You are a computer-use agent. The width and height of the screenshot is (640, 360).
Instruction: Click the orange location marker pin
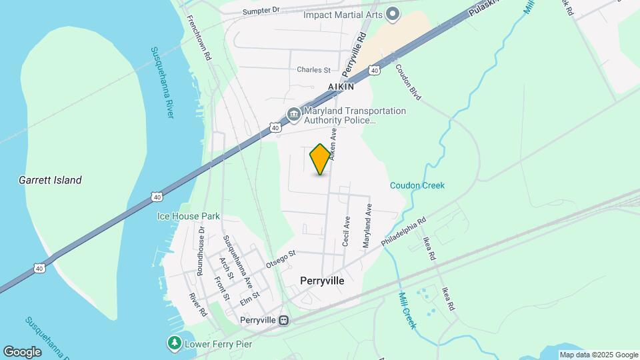321,159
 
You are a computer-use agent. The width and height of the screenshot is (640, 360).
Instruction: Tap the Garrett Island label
50,180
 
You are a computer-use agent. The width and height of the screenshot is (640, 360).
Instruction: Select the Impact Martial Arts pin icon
393,14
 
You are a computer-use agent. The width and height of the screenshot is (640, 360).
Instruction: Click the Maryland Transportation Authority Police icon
293,115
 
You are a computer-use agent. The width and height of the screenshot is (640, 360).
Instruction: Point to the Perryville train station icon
285,321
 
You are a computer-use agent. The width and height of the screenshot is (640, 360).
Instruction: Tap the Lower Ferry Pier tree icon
174,343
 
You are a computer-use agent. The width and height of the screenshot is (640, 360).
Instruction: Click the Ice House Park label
188,216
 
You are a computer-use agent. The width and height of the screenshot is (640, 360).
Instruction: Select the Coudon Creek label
417,185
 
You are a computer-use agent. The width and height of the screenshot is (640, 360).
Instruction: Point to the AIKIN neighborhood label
340,87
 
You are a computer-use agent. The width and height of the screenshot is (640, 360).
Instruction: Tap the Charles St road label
313,69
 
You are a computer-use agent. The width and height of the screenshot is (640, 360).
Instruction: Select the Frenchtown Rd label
199,39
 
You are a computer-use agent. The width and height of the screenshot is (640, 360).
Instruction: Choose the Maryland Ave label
366,227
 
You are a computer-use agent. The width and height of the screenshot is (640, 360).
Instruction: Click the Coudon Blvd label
408,82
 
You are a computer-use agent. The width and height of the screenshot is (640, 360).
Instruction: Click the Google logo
22,352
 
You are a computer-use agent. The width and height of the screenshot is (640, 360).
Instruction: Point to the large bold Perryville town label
322,281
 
